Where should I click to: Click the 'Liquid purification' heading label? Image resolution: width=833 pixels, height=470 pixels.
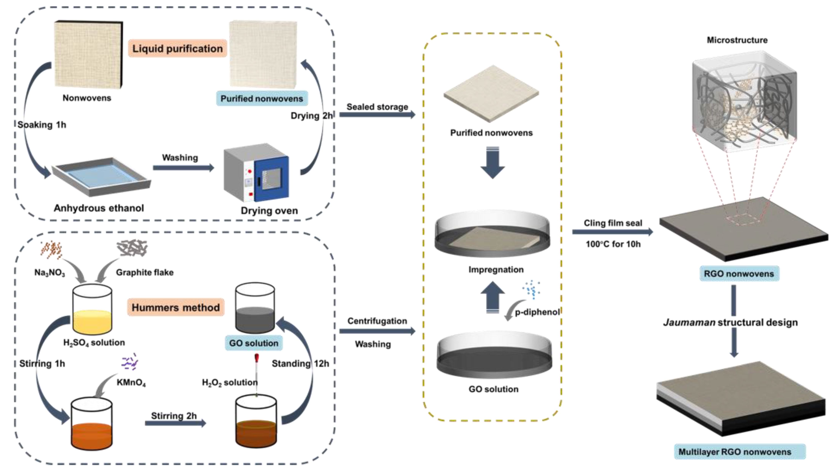[177, 49]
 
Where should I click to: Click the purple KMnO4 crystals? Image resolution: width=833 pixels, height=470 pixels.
[130, 362]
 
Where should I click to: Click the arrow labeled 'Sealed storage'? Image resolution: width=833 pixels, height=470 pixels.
[377, 114]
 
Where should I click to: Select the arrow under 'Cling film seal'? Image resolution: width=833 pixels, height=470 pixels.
[612, 232]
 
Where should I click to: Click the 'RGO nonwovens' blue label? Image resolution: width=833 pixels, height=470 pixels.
[739, 274]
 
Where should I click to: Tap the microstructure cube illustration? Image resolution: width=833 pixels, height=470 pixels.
[744, 102]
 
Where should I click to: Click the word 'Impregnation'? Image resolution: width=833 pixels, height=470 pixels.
[496, 270]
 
